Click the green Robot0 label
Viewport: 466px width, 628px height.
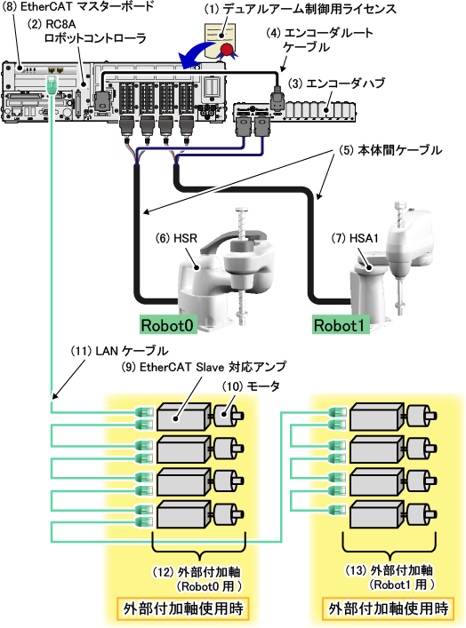(x=168, y=325)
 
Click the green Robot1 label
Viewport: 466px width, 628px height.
(x=341, y=325)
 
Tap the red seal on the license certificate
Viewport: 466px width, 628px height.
(x=227, y=50)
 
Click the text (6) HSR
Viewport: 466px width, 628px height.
(x=176, y=238)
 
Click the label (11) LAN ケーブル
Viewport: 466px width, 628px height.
(x=119, y=351)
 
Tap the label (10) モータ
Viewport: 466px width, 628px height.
(x=251, y=386)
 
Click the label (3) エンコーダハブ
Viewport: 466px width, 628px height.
(x=336, y=83)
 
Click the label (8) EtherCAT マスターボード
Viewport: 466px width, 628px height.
(x=78, y=6)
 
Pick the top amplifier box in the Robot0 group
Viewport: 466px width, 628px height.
(x=183, y=417)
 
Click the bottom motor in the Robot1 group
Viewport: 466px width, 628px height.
(x=422, y=513)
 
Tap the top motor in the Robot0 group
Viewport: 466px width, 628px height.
(x=229, y=416)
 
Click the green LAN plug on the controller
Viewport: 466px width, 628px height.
(x=51, y=84)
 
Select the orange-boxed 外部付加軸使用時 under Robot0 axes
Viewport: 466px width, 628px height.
(x=183, y=608)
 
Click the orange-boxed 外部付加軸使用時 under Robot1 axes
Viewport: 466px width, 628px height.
(x=389, y=608)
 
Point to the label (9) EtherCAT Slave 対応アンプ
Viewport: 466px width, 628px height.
(x=205, y=367)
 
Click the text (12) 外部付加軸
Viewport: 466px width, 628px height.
(x=197, y=572)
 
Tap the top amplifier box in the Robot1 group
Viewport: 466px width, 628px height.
(x=377, y=417)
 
